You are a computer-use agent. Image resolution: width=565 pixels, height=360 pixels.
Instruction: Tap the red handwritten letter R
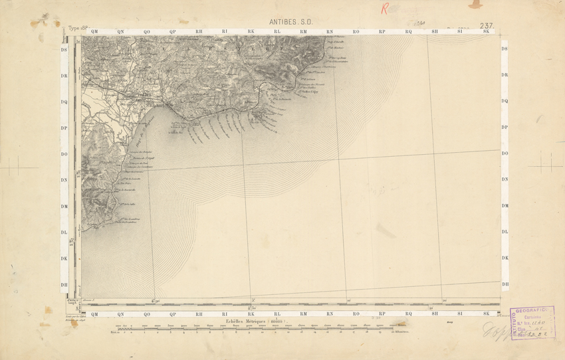click(384, 9)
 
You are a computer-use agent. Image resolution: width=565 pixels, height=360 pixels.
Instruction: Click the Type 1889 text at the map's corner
click(79, 29)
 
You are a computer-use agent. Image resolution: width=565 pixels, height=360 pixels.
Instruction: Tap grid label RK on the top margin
click(251, 31)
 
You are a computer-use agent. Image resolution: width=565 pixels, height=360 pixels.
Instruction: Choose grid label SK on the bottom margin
click(487, 313)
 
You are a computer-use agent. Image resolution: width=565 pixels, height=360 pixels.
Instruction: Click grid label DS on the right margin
click(505, 49)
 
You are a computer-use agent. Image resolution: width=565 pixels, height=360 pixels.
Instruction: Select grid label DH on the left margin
click(64, 284)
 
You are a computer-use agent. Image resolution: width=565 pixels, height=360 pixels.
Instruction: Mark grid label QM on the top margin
click(94, 31)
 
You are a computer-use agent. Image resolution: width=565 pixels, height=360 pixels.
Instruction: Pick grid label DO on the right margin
click(505, 153)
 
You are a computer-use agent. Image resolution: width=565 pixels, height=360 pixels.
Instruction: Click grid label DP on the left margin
click(64, 128)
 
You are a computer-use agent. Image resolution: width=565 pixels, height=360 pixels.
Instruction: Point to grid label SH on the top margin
click(435, 31)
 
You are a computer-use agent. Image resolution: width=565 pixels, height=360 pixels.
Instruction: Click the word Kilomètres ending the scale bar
click(401, 330)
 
